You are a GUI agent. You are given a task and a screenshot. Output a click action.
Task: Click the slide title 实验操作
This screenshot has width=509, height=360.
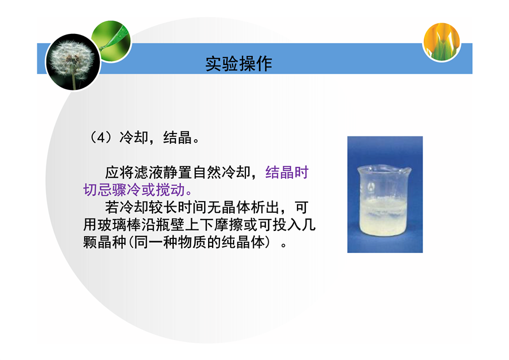pyautogui.click(x=239, y=64)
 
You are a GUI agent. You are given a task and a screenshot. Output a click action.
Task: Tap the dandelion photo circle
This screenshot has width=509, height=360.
pyautogui.click(x=73, y=62)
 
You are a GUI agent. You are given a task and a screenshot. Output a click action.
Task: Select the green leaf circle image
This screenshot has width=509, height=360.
pyautogui.click(x=112, y=41)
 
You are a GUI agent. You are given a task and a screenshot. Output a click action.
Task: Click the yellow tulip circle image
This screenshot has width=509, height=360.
pyautogui.click(x=442, y=41)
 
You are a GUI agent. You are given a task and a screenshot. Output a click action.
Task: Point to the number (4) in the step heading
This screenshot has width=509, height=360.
pyautogui.click(x=101, y=138)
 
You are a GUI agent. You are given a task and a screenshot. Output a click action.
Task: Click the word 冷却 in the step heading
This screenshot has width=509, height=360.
pyautogui.click(x=133, y=138)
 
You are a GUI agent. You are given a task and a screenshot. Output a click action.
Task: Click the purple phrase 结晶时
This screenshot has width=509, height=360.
pyautogui.click(x=287, y=173)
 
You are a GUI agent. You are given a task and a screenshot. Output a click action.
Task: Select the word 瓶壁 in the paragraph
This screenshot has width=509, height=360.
pyautogui.click(x=170, y=225)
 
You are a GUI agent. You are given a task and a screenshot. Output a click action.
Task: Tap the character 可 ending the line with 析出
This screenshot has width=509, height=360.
pyautogui.click(x=301, y=207)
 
